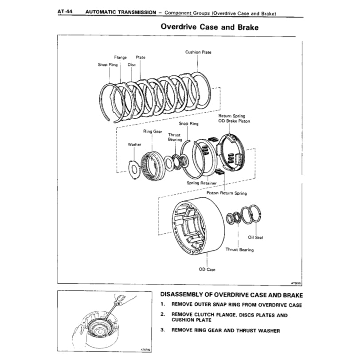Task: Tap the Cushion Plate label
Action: click(198, 52)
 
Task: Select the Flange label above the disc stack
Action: click(120, 57)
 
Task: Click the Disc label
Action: click(132, 64)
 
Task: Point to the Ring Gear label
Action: click(152, 132)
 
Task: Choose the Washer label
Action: click(134, 145)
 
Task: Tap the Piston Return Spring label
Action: click(227, 193)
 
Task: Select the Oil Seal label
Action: click(256, 237)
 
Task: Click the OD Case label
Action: click(207, 270)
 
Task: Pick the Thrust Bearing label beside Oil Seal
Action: click(239, 250)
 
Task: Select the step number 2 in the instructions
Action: click(163, 315)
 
